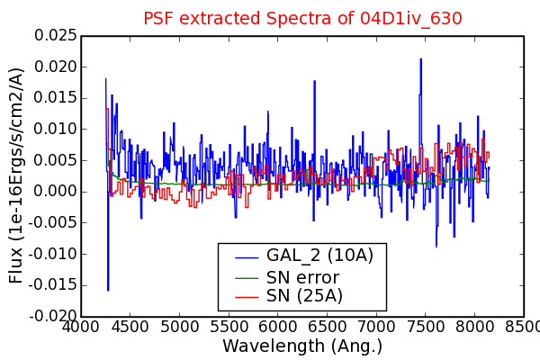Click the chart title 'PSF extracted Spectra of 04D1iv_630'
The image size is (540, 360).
tap(302, 18)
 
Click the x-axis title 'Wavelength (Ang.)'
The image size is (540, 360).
tap(302, 346)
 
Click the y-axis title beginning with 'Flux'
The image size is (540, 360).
tap(16, 175)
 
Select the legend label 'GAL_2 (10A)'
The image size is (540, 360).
tap(319, 256)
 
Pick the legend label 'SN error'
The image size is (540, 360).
tap(302, 277)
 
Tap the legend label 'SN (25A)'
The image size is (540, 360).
tap(304, 295)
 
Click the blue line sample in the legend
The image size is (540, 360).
tap(247, 257)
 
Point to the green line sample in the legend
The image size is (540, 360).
tap(247, 278)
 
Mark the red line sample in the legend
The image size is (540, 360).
tap(247, 297)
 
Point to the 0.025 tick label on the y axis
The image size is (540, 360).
tap(55, 35)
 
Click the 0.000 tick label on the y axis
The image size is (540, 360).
tap(55, 192)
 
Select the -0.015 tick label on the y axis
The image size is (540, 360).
tap(52, 285)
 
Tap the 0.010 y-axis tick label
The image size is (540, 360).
tap(55, 129)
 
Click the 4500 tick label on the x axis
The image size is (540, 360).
tap(130, 327)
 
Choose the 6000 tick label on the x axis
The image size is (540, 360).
tap(277, 327)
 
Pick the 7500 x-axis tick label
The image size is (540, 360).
tap(426, 327)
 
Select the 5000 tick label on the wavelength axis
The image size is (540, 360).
tap(179, 327)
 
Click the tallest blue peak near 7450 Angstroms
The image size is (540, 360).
tap(421, 59)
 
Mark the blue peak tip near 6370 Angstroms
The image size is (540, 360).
tap(314, 81)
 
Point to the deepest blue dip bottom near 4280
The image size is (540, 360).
tap(108, 290)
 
